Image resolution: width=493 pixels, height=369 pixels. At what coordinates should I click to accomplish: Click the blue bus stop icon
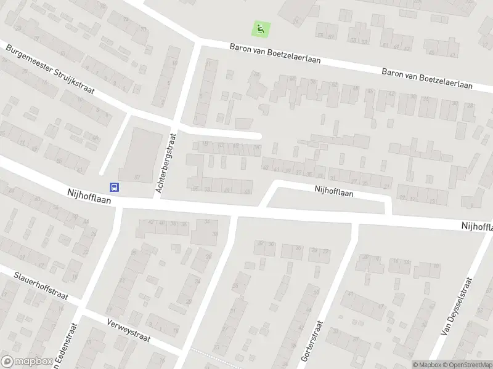(114, 187)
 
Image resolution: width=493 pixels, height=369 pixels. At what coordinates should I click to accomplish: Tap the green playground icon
(261, 28)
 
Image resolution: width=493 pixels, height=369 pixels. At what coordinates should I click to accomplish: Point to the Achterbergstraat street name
(166, 164)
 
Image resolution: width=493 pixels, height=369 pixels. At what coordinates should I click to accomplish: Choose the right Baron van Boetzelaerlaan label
(427, 77)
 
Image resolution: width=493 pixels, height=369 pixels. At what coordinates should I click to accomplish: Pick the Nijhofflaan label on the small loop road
(333, 192)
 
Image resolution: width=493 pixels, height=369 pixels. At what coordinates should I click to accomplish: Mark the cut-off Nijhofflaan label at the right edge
(477, 227)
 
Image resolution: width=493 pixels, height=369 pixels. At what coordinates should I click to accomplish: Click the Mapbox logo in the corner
(25, 362)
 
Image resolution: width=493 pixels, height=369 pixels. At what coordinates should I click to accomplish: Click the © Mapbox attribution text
(427, 364)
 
